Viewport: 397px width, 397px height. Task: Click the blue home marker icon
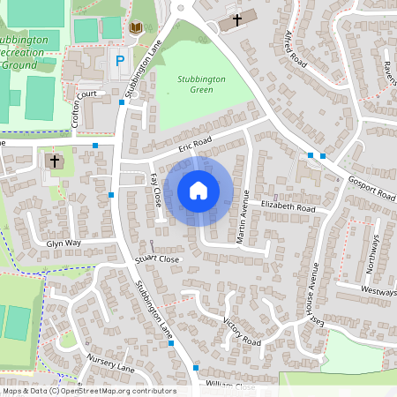coord(198,190)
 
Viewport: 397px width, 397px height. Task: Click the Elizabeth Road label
coord(288,206)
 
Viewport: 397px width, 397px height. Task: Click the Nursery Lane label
coord(109,362)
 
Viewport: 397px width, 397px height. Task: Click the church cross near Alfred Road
coord(236,18)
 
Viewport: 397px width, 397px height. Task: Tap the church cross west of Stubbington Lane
coord(55,161)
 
